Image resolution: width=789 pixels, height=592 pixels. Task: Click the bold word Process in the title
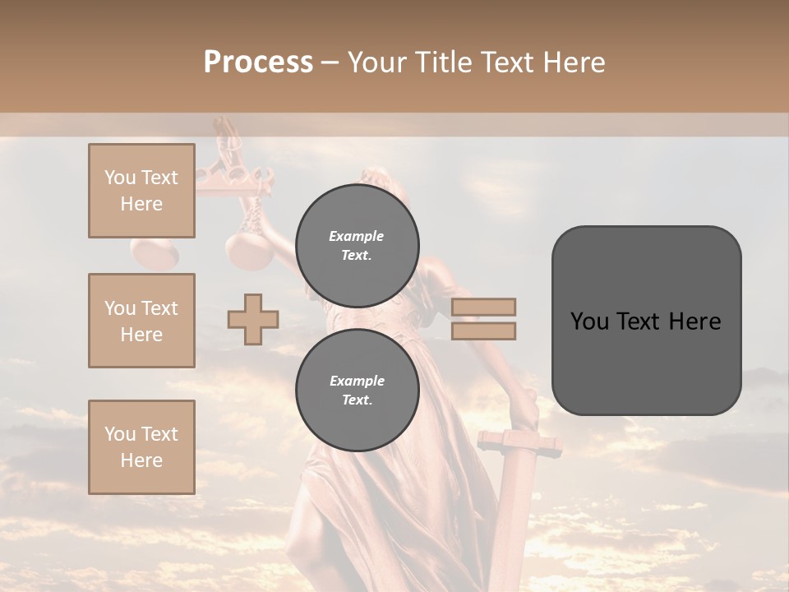click(x=258, y=62)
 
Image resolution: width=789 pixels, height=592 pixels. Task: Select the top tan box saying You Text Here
click(x=141, y=191)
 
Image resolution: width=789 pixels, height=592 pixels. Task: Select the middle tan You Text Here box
click(x=141, y=321)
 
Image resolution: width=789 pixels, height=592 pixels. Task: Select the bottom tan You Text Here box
click(x=141, y=446)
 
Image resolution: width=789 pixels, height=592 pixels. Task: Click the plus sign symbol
click(x=253, y=319)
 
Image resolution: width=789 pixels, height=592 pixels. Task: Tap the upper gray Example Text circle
click(x=357, y=246)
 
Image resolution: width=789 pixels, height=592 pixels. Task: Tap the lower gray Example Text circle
click(x=357, y=391)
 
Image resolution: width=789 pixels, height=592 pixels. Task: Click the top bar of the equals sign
click(x=483, y=308)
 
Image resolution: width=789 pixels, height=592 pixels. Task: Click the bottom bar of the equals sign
click(x=483, y=331)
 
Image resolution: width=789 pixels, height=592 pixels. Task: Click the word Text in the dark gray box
click(x=645, y=321)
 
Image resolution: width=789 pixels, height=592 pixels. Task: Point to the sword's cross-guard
click(x=518, y=444)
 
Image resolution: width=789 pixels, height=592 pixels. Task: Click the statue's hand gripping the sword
click(x=524, y=406)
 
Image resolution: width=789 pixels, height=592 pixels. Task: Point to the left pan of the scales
click(x=154, y=252)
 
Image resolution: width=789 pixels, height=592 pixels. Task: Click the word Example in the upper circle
click(x=357, y=236)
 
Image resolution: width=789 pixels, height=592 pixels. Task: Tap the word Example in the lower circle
click(x=357, y=381)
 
